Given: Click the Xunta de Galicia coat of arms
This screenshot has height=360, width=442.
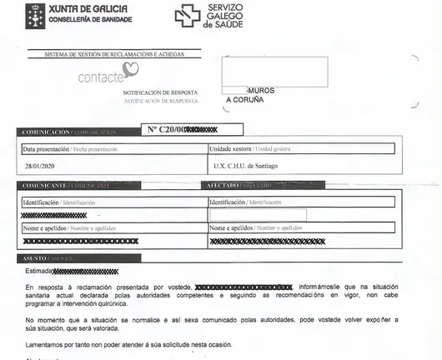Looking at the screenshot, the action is (36, 14).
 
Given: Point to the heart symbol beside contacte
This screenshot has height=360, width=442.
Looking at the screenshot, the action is (120, 72).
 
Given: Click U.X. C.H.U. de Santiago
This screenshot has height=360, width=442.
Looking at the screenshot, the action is (248, 166).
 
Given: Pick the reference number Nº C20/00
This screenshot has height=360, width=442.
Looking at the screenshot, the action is (165, 129).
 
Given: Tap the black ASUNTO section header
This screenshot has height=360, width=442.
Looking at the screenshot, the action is (33, 258).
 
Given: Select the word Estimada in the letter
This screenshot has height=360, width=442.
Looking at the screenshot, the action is (38, 272).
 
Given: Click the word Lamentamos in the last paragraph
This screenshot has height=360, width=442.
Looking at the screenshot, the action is (47, 345).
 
